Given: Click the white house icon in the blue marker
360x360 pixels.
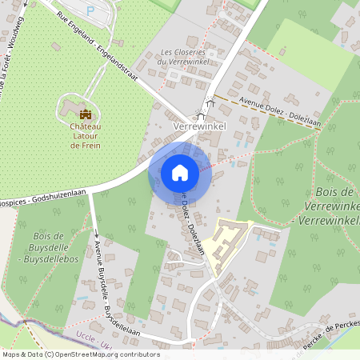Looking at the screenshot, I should [180, 172].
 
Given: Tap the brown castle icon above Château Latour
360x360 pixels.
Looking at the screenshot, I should [86, 115].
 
